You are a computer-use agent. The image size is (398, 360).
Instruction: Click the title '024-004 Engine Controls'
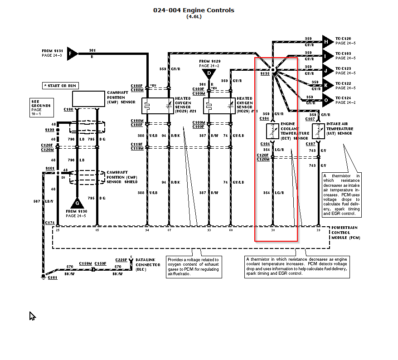coord(194,10)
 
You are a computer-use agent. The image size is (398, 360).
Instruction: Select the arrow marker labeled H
coord(327,42)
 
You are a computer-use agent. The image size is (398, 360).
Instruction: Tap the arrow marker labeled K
coord(327,85)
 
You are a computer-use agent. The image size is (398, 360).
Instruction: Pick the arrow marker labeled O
coord(327,99)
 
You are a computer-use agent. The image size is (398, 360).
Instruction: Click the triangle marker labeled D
coord(209,73)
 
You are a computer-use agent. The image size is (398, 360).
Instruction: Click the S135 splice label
coord(265,73)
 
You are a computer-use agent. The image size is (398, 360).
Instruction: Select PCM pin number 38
coord(273,230)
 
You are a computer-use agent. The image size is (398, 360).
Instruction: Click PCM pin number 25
coord(58,230)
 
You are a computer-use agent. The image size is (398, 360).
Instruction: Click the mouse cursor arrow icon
coord(32,316)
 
